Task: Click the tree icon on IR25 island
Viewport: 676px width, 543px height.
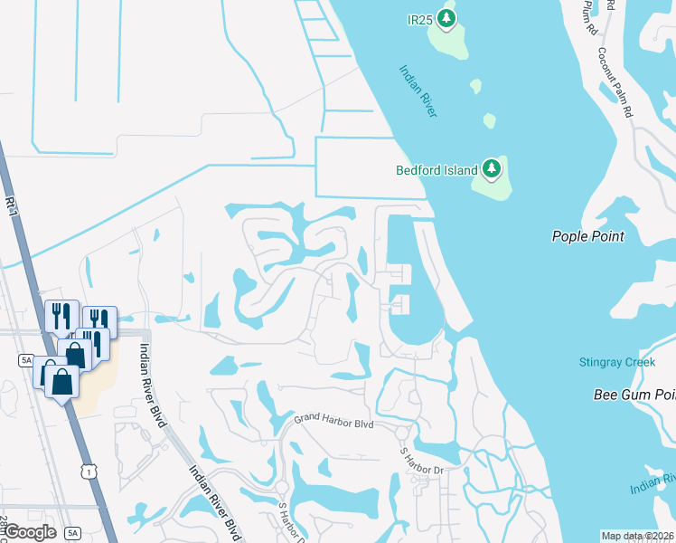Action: point(445,17)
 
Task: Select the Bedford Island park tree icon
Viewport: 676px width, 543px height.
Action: point(492,168)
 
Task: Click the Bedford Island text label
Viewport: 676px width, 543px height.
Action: point(437,169)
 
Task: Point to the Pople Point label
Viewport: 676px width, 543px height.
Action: point(588,236)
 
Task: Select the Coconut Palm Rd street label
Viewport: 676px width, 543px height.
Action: point(613,81)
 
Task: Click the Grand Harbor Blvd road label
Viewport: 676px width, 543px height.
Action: point(334,423)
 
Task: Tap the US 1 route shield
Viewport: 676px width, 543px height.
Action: point(88,471)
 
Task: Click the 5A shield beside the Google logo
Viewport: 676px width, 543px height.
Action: point(73,532)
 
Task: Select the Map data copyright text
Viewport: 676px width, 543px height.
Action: point(636,536)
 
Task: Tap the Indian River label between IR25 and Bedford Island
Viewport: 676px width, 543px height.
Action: point(418,90)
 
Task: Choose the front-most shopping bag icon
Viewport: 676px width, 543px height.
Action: point(64,380)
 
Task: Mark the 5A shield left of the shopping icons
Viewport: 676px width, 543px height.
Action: point(25,360)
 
